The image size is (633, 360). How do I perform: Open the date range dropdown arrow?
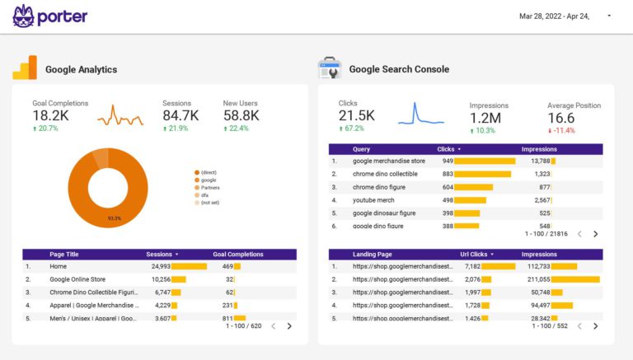click(609, 16)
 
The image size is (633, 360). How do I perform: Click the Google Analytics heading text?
click(81, 70)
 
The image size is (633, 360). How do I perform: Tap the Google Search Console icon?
click(330, 68)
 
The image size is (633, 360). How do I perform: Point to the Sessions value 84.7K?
click(180, 115)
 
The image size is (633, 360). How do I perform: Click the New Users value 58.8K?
click(241, 115)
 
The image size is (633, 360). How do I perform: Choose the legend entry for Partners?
click(209, 187)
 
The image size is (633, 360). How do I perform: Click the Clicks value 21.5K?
click(356, 115)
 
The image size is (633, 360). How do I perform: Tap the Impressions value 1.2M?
click(485, 118)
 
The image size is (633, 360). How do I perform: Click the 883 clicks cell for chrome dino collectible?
click(448, 174)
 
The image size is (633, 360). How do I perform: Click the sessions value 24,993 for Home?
click(161, 266)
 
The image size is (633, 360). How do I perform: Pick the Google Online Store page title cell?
click(77, 279)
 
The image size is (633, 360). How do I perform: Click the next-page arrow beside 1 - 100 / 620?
click(289, 326)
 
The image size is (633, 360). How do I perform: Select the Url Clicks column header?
click(475, 255)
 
